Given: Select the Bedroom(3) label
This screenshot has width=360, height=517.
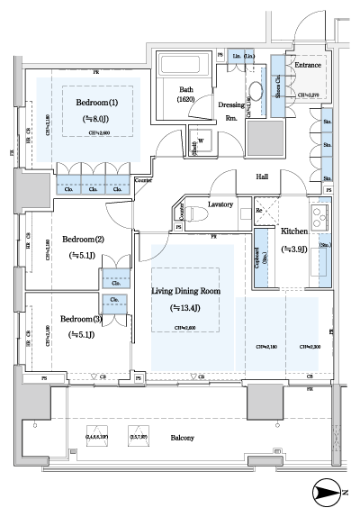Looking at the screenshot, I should coord(82,319).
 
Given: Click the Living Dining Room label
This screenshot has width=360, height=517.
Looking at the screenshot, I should coord(184,292).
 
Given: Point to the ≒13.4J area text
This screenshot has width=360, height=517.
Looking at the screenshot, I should coord(184,308).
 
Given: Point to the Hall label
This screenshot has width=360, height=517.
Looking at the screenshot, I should coord(265,177).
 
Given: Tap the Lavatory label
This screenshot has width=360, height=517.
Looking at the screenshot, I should coord(220,205).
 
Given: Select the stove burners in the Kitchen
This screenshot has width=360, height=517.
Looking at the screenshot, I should coord(319,217).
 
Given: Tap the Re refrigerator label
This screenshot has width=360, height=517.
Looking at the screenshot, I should coord(259,211).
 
